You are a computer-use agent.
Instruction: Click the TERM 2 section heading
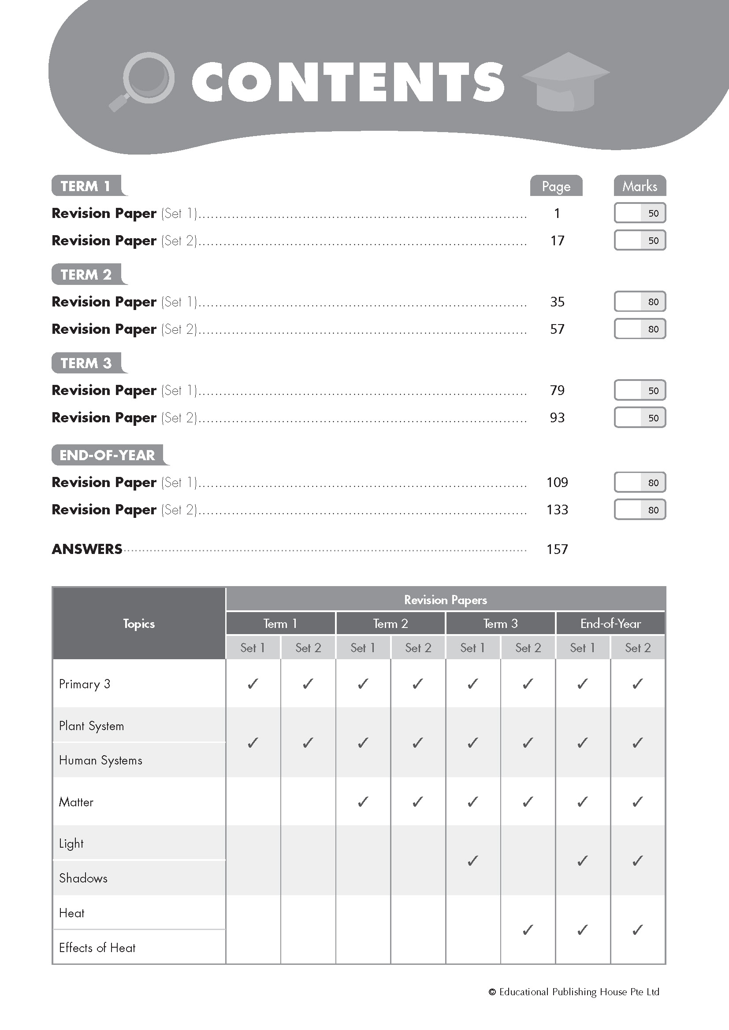tap(86, 274)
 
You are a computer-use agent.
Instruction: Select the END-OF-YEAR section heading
tap(107, 455)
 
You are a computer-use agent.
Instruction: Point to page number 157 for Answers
tap(557, 549)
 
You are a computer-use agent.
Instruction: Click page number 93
tap(557, 417)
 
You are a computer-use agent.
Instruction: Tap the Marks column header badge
tap(640, 186)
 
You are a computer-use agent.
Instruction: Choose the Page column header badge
tap(556, 186)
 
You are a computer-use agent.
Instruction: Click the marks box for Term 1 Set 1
tap(640, 213)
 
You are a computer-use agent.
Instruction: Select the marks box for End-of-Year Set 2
tap(640, 509)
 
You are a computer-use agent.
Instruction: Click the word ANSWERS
tap(87, 549)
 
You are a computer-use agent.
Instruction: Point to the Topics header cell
tap(139, 624)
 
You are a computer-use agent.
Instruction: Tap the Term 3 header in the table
tap(501, 624)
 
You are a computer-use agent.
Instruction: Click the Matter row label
tap(76, 802)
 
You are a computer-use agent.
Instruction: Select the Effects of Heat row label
tap(97, 948)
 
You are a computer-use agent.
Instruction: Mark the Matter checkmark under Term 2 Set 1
tap(363, 801)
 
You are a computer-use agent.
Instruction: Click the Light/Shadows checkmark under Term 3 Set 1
tap(472, 860)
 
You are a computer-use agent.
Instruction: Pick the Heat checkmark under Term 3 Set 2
tap(528, 930)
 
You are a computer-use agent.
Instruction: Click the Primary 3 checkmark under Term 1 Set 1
tap(253, 684)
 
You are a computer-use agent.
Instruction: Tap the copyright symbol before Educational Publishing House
tap(492, 992)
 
